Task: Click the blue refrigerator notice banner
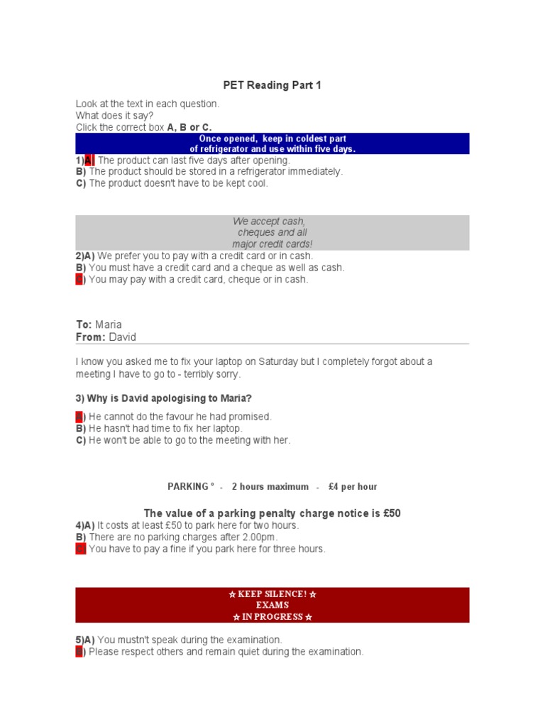pos(272,143)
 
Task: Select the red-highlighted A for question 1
pos(89,160)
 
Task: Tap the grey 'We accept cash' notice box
pos(272,233)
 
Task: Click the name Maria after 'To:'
pos(109,324)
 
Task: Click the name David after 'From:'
pos(122,337)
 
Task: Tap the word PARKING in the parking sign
pos(188,487)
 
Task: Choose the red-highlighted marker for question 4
pos(80,549)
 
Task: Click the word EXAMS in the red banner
pos(272,606)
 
